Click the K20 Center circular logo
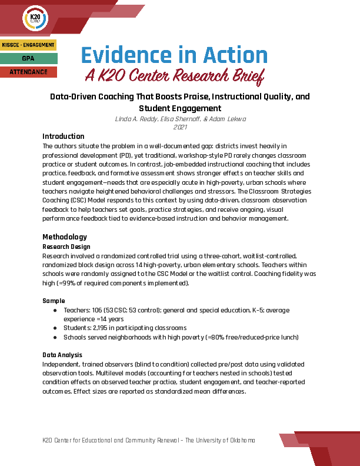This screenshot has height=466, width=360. coord(34,19)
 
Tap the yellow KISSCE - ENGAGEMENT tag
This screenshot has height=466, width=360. coord(28,45)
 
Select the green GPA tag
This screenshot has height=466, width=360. coord(28,58)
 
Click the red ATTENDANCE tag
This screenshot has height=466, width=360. coord(28,72)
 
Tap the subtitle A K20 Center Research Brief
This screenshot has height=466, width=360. coord(174,75)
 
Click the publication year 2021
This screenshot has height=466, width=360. coord(180,127)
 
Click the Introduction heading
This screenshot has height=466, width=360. coord(64,137)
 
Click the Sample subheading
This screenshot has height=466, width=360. coord(54,301)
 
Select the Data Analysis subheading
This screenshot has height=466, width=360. coord(62,355)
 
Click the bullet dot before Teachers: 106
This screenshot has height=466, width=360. coord(55,309)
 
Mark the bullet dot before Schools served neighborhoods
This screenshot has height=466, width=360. coord(55,337)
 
